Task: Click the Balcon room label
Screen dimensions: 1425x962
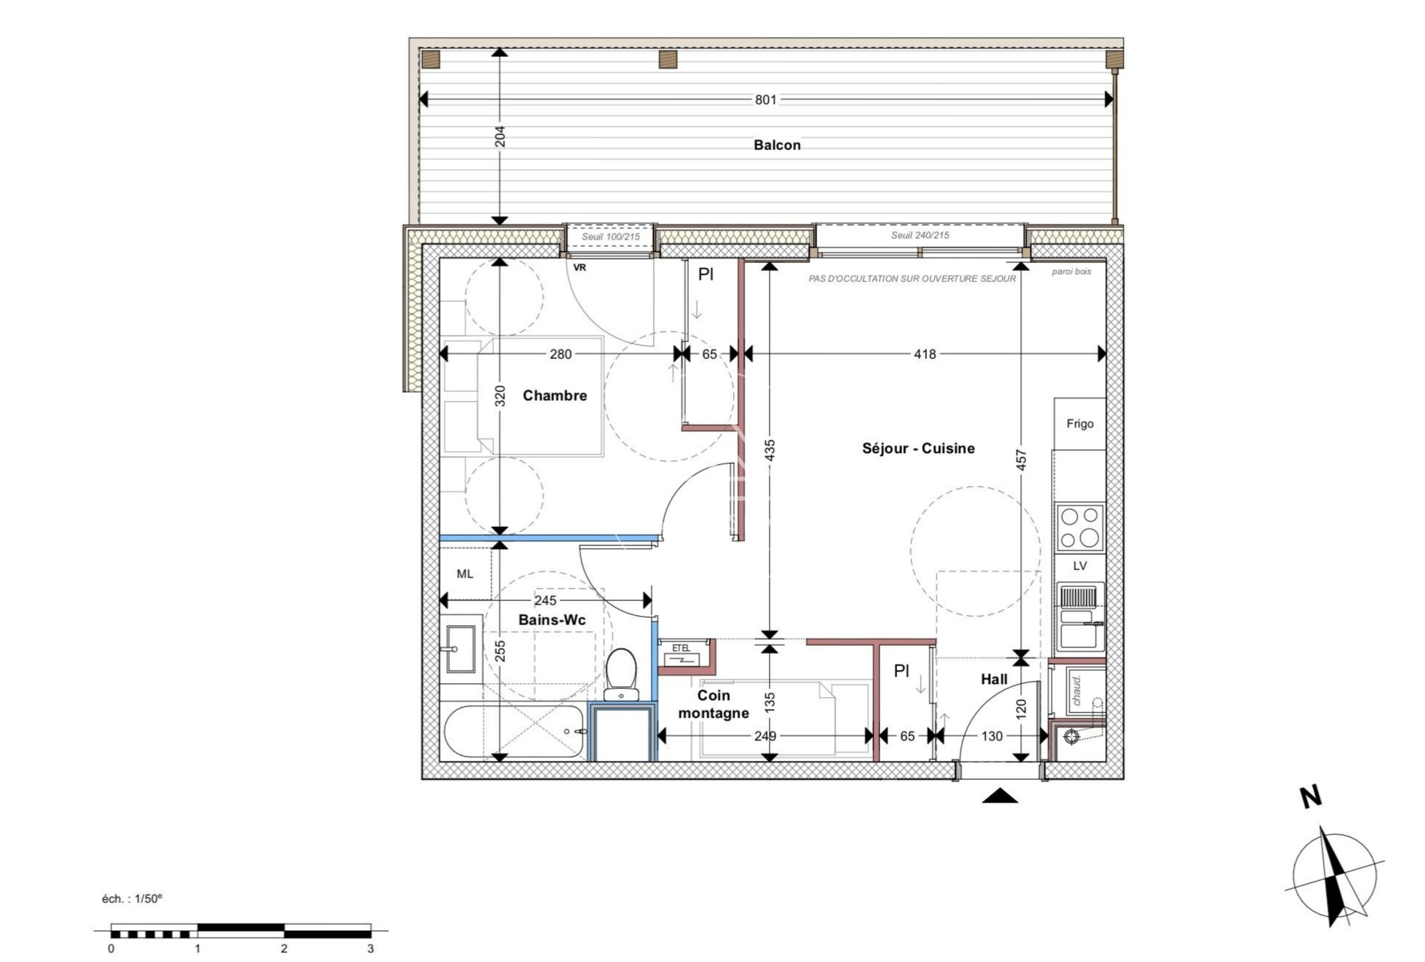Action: [x=777, y=145]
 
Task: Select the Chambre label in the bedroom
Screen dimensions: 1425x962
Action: [x=555, y=396]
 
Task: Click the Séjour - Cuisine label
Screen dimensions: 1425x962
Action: [x=918, y=448]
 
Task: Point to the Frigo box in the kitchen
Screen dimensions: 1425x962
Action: [x=1080, y=423]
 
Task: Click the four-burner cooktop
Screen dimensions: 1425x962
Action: [x=1080, y=527]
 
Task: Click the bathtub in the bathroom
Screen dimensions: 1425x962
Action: [x=513, y=732]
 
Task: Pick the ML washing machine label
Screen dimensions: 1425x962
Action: [x=465, y=574]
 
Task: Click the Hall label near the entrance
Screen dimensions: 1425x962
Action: [x=994, y=679]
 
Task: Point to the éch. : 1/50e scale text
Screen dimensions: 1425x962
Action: [x=132, y=899]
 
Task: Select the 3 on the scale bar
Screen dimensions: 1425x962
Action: [x=370, y=949]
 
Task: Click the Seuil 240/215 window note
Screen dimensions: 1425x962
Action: [x=920, y=235]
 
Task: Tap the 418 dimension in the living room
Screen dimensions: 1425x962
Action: [x=925, y=354]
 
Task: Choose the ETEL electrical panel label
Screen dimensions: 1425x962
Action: [x=681, y=648]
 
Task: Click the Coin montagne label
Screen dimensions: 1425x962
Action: [x=714, y=704]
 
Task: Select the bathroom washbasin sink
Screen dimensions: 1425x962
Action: [x=460, y=649]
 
